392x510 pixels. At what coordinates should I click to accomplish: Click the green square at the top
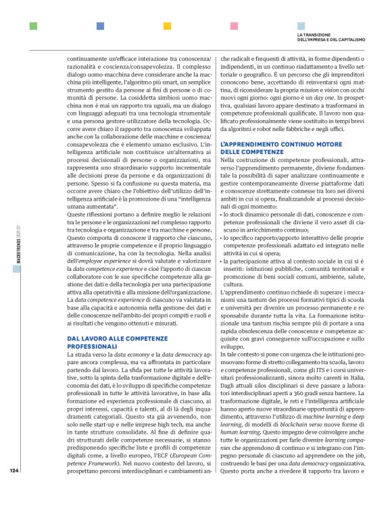[33, 26]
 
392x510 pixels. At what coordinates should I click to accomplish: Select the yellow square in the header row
[167, 26]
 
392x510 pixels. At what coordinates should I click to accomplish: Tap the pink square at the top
[234, 26]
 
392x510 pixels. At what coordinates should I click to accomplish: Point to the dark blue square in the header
[100, 26]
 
